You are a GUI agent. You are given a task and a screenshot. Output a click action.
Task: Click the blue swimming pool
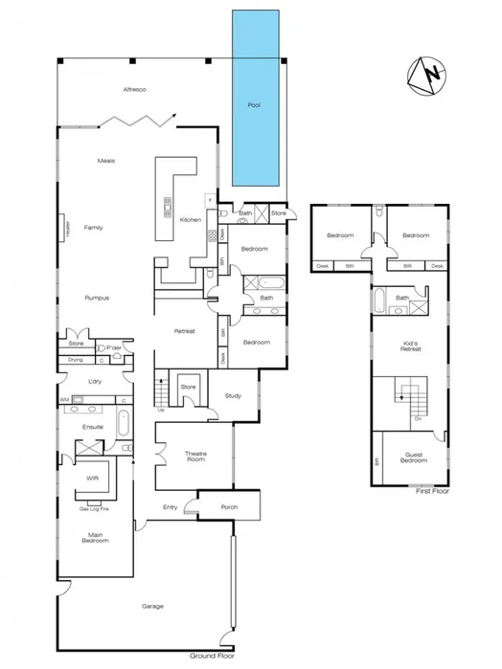(256, 100)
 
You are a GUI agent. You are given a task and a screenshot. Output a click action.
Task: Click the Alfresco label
(134, 89)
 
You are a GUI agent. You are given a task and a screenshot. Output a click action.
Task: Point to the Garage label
(152, 606)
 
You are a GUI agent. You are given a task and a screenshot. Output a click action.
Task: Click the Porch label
(228, 507)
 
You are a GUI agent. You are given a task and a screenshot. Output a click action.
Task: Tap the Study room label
(232, 395)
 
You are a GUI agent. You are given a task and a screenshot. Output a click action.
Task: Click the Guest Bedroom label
(413, 457)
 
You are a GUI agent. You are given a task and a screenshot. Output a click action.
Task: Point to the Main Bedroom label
(94, 538)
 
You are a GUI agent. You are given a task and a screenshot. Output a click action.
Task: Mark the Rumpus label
(96, 298)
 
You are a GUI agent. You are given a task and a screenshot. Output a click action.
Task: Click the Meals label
(106, 160)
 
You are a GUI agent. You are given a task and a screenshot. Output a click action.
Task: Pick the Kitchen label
(190, 220)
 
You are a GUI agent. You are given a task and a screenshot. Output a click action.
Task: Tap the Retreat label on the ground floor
(184, 331)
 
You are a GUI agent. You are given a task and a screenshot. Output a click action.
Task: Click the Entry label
(171, 506)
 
